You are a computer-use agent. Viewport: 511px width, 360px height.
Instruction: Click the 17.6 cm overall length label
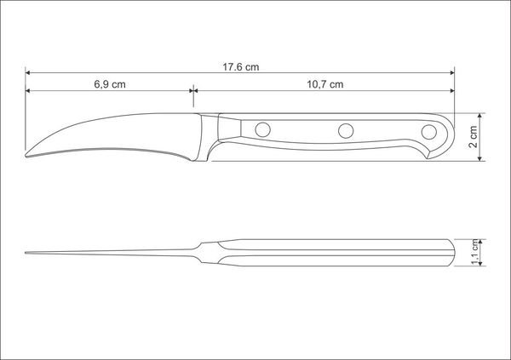[241, 67]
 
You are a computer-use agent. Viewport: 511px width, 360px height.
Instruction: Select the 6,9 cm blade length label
[110, 84]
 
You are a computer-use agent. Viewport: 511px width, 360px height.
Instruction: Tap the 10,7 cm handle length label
[325, 84]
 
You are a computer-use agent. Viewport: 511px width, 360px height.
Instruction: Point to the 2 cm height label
[474, 137]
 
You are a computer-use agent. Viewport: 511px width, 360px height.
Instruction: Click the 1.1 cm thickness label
[475, 253]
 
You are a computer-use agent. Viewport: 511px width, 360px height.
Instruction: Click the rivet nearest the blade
[262, 129]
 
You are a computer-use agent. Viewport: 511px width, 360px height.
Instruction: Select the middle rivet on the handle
[346, 131]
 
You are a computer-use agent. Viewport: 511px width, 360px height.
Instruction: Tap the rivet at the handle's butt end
[429, 132]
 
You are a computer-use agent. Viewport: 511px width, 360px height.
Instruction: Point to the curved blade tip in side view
[26, 156]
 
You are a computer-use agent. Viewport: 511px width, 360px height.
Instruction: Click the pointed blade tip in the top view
[26, 253]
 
